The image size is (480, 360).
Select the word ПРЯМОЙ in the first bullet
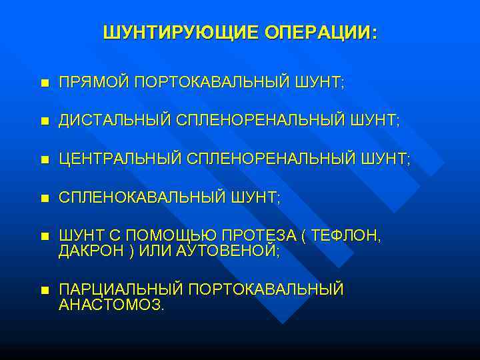click(94, 82)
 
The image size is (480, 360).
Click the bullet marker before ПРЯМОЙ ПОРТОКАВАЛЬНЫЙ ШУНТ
click(44, 83)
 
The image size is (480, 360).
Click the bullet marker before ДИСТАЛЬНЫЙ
click(44, 121)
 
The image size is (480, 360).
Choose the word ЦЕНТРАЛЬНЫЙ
click(120, 159)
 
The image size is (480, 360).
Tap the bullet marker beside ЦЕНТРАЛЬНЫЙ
click(44, 160)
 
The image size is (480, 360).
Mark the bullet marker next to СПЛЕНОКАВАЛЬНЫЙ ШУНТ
click(44, 199)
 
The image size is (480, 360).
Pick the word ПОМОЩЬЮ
click(167, 236)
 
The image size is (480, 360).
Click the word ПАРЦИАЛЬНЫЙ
click(121, 289)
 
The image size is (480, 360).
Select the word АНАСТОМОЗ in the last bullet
click(110, 305)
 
